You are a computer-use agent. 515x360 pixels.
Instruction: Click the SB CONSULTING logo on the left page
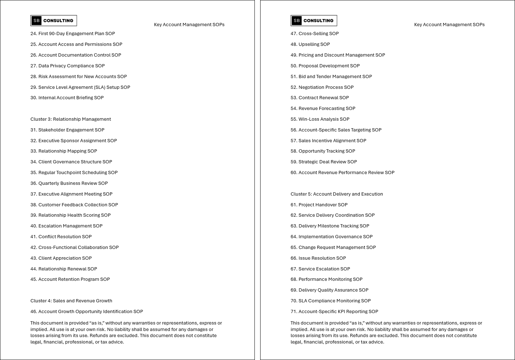tap(53, 21)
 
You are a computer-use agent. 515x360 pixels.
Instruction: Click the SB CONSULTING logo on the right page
tap(314, 21)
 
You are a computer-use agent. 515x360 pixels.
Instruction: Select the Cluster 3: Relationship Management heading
tap(71, 119)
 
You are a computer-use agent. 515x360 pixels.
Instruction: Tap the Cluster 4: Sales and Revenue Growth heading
tap(71, 301)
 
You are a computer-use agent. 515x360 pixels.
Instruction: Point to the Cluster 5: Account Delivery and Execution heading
tap(337, 194)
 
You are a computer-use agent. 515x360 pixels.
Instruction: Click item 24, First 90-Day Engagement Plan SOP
tap(73, 34)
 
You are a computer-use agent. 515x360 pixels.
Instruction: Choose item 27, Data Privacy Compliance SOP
tap(68, 66)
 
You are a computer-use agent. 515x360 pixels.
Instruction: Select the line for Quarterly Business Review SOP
tap(69, 183)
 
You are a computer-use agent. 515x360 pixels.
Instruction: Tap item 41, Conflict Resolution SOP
tap(61, 237)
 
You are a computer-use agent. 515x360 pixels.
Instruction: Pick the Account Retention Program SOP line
tap(70, 279)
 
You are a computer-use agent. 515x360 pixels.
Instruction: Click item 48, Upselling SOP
tap(310, 44)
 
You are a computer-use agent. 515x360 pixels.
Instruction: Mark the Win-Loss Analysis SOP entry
tap(320, 119)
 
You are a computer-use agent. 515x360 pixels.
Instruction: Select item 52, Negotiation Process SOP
tap(322, 87)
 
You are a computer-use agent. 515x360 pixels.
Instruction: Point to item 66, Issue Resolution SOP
tap(318, 258)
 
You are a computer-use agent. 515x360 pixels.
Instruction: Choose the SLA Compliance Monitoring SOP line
tap(330, 301)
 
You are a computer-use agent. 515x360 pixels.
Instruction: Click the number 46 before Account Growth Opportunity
tap(33, 312)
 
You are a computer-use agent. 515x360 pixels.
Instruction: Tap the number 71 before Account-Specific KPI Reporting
tap(294, 312)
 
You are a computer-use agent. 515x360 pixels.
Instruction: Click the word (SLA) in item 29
tap(100, 87)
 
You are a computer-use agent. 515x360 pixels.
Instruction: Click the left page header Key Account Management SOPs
tap(189, 25)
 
